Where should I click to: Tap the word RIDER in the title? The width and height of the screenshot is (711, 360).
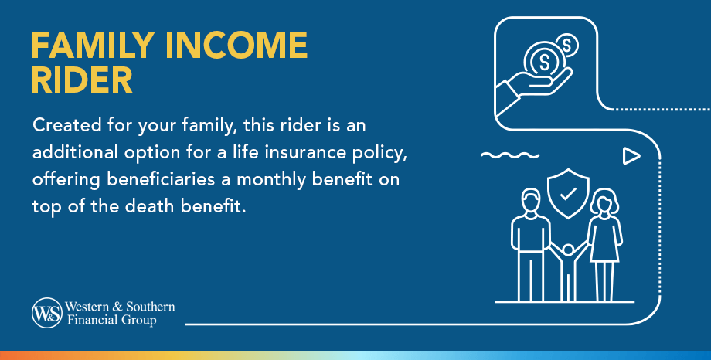[82, 80]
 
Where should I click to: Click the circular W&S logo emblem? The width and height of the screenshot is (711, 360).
[47, 313]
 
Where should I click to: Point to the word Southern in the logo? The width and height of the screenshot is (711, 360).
[150, 307]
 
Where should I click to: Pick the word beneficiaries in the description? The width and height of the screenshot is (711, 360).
[161, 179]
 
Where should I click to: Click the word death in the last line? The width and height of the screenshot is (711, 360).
[150, 206]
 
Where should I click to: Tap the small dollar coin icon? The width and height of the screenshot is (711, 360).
[566, 46]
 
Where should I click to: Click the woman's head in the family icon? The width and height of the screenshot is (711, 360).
[604, 202]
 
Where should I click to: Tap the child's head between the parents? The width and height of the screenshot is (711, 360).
[568, 249]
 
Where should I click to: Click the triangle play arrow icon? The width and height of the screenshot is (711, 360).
[631, 155]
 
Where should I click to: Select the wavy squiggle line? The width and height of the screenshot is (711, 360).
[510, 155]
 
